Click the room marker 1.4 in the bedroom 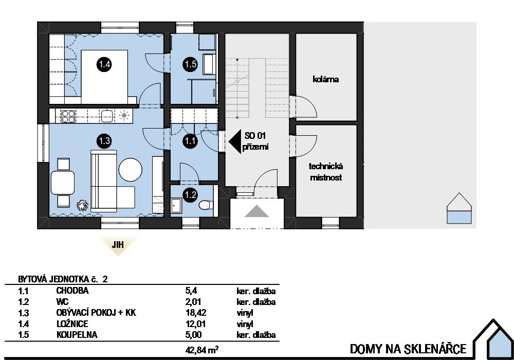coord(104,64)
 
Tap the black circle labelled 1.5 coord(191,64)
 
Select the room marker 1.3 coord(104,141)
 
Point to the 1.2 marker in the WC coord(191,195)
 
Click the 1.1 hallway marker coord(190,141)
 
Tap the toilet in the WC coord(206,205)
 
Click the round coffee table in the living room coord(131,170)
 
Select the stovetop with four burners coord(68,116)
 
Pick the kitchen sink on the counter coord(107,116)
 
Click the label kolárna coord(325,79)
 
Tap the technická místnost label coord(326,171)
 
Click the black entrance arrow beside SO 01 coord(235,141)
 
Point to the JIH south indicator coord(118,245)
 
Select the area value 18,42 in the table coord(196,313)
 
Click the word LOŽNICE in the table coord(72,324)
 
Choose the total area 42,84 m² coord(202,350)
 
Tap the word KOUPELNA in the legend coord(77,335)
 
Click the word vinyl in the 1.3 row coord(245,313)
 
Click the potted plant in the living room coord(82,205)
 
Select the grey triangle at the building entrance coord(256,211)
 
